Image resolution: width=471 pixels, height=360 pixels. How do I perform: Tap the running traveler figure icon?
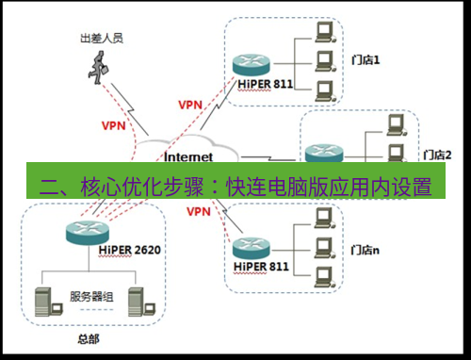[x=98, y=67]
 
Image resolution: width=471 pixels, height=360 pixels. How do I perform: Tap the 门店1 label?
[x=365, y=61]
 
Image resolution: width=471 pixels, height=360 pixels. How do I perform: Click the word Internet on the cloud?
[x=188, y=155]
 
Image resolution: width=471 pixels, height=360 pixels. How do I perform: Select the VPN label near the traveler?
[x=114, y=124]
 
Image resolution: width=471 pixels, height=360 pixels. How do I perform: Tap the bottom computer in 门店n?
[x=324, y=276]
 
